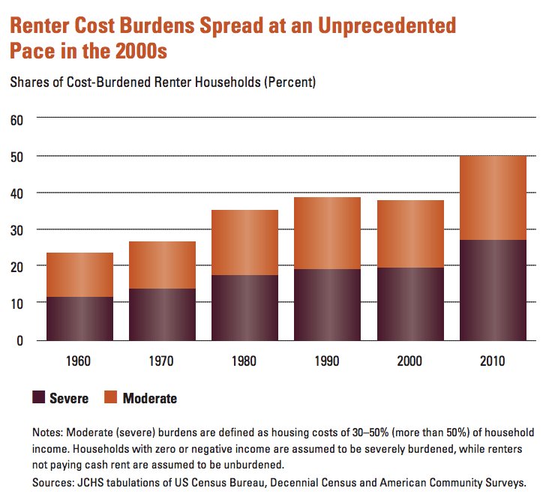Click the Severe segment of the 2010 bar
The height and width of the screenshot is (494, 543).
(x=493, y=290)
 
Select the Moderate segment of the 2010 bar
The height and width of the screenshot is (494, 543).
(x=493, y=198)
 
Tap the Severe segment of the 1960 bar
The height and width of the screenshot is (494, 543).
(x=79, y=319)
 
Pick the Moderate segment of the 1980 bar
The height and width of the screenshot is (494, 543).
(x=244, y=243)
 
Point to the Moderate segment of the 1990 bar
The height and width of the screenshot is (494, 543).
(x=327, y=233)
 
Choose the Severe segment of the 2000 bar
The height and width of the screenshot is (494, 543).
(x=410, y=304)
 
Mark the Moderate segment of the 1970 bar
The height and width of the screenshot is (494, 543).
(x=162, y=265)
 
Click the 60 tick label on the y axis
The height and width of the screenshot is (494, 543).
(x=17, y=119)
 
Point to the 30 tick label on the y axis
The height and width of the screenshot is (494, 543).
(x=17, y=229)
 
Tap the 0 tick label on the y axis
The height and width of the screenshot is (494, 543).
(x=21, y=340)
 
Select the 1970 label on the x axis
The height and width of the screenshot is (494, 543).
(x=162, y=361)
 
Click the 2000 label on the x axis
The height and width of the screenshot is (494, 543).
(x=410, y=361)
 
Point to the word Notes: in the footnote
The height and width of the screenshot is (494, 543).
(x=50, y=433)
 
